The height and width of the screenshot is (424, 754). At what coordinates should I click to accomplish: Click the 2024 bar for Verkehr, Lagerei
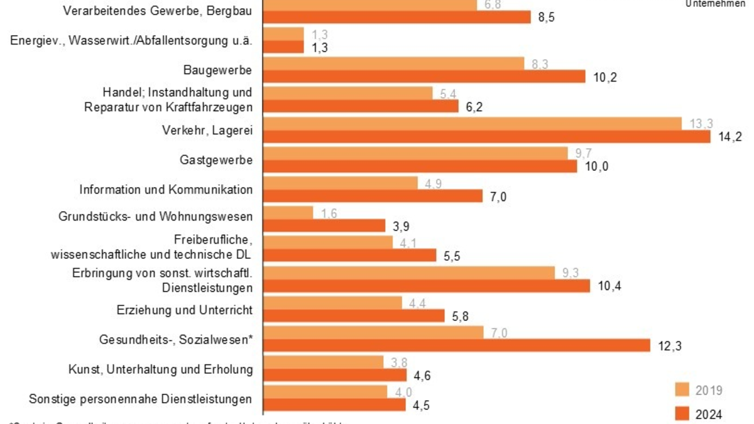point(486,137)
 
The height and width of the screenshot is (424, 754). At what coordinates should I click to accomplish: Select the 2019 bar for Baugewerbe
point(393,63)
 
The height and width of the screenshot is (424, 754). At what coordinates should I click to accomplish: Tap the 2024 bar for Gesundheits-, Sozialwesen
point(457,345)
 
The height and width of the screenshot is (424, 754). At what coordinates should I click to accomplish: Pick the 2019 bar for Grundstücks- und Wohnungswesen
point(288,212)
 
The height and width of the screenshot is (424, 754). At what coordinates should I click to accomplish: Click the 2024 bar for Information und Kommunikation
point(373,196)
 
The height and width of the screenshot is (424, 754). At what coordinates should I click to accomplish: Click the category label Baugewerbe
point(218,69)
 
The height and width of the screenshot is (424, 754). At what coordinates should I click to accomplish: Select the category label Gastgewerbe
point(216,160)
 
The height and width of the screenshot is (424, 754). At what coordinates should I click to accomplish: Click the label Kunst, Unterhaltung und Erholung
point(160,369)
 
